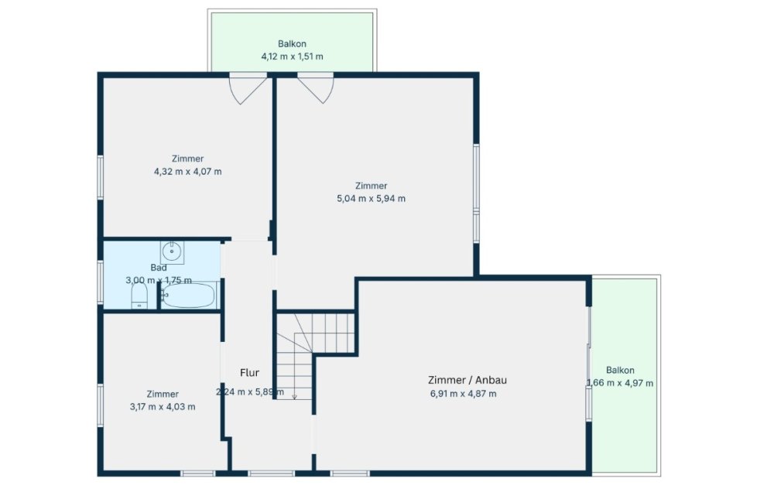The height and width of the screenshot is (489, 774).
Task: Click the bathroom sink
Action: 172,252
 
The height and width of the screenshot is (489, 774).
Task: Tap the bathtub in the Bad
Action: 188,296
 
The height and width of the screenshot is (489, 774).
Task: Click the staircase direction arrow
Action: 294,394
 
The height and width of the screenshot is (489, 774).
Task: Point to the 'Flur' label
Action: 249,373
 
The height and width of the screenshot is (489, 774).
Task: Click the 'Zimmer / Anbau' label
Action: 467,380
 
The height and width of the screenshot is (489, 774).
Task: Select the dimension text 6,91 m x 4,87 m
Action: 464,394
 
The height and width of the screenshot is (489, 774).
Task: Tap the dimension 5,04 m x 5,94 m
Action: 372,199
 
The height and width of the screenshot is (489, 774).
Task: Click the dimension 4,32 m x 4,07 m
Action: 187,172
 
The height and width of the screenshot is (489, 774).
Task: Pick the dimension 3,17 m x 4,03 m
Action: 163,407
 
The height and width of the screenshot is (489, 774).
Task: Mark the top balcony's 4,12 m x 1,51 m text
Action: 293,56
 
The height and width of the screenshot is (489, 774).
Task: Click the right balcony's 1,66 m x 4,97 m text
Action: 620,384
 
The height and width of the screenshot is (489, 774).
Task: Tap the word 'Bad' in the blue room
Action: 159,268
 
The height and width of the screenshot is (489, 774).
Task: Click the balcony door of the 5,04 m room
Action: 316,88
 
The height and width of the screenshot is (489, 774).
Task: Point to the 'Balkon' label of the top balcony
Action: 293,44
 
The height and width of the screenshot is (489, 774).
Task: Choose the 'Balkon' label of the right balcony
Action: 620,370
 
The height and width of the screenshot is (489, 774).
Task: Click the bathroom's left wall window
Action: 100,282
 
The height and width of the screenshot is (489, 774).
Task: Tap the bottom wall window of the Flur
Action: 271,474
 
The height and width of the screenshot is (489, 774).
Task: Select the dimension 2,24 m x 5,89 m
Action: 250,392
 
